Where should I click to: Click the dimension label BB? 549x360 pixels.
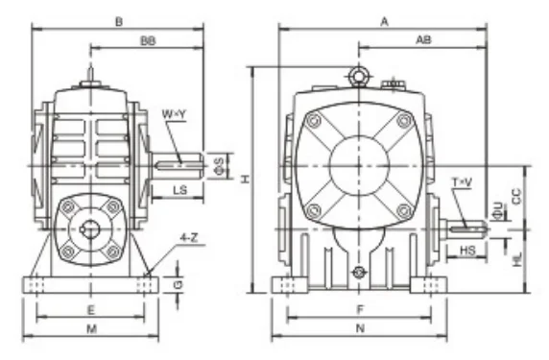click(148, 41)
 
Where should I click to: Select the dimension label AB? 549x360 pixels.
click(423, 40)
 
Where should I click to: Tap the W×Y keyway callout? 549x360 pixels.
click(174, 114)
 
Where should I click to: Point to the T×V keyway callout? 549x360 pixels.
click(462, 182)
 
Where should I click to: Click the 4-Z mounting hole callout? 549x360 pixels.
click(189, 238)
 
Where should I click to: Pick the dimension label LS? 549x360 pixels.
click(180, 190)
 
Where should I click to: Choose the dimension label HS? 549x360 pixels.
click(467, 251)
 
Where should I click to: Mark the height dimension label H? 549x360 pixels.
click(246, 180)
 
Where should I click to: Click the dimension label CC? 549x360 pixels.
click(516, 197)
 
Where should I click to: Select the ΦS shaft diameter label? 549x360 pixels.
click(219, 166)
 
